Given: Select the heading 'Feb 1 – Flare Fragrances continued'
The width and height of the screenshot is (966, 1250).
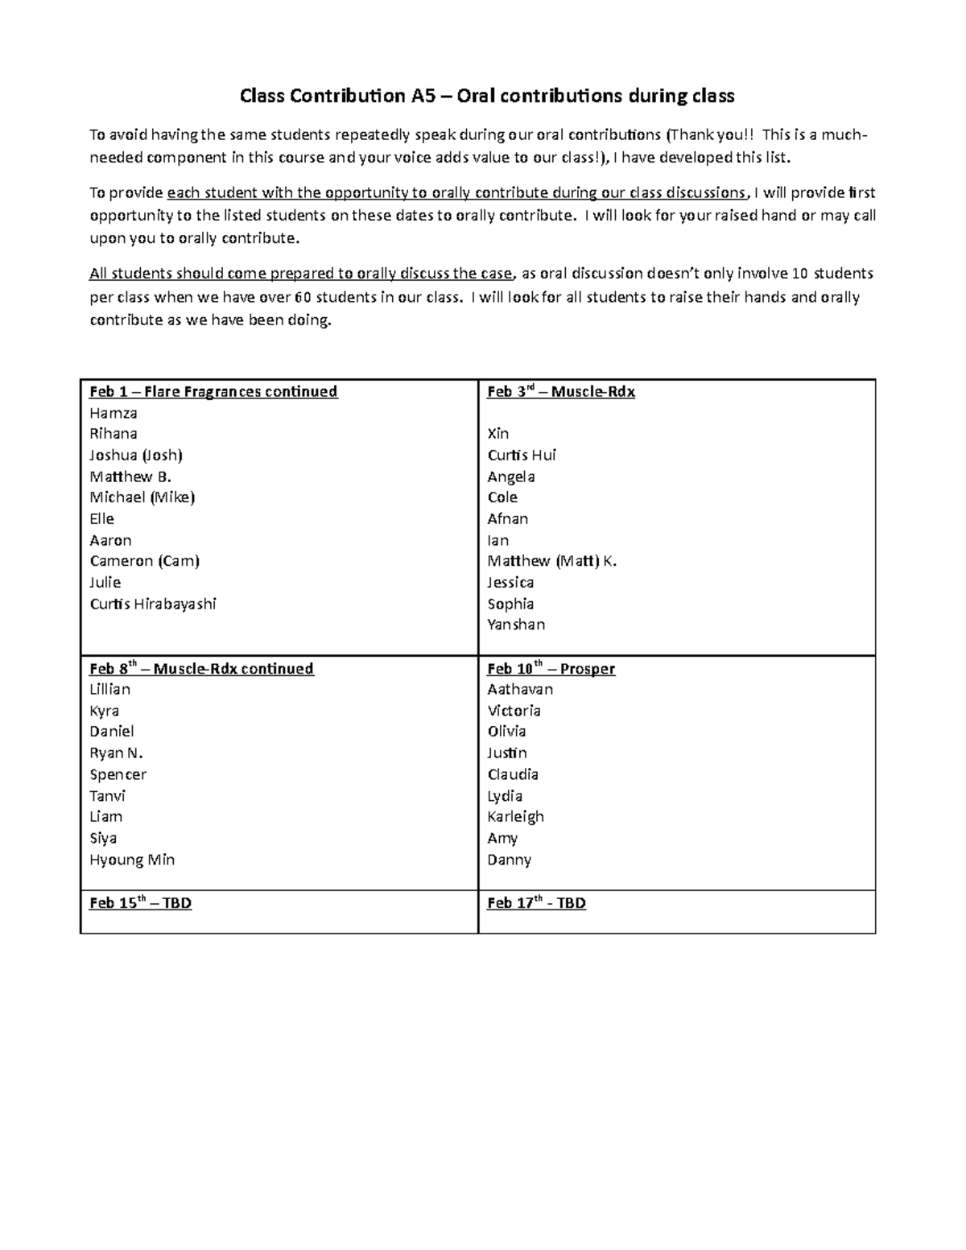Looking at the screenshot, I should [213, 392].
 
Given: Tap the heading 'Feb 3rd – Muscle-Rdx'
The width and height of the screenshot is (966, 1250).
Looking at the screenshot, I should [561, 392].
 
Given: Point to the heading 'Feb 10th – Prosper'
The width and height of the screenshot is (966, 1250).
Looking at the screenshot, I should [551, 669].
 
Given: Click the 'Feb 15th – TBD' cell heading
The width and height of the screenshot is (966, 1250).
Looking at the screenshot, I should [140, 903].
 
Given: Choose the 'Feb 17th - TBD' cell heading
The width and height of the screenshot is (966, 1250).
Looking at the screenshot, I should [536, 903].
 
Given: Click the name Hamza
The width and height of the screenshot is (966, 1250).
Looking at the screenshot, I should [114, 413].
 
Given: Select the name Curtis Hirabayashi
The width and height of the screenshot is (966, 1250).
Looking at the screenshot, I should [153, 604].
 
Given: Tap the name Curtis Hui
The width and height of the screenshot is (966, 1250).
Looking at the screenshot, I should [522, 456].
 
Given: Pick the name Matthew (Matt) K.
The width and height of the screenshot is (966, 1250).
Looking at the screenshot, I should [552, 561].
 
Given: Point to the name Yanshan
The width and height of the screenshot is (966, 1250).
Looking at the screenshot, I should [516, 625].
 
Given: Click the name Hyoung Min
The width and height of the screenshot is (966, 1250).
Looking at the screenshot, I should [132, 860].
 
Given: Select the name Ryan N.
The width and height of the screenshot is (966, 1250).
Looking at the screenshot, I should [116, 753].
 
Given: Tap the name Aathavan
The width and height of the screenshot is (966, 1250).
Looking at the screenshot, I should [520, 690].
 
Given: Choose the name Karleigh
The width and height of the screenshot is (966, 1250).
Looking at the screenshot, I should [515, 817].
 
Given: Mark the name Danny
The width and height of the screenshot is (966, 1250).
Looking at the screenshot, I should [509, 860].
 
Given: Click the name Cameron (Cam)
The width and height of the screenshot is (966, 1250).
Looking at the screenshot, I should [145, 561].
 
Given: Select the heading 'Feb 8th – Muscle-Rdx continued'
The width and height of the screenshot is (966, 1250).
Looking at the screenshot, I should [201, 669].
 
